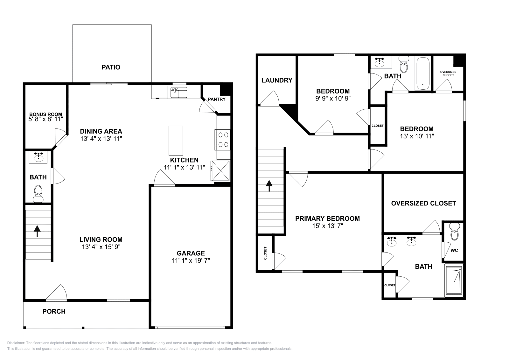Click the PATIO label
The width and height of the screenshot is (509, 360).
coord(111,67)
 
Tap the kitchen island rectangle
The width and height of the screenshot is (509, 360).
coord(176,140)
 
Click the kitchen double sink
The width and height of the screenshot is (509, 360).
coord(178,93)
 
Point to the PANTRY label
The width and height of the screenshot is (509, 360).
coord(217,99)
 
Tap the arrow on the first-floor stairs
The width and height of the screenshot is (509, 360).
coord(37,231)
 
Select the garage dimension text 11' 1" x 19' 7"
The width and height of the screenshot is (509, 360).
coord(191,260)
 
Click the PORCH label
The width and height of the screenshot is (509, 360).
coord(54,312)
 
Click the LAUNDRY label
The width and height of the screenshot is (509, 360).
coord(277,80)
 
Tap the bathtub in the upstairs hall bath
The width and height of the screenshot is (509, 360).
coord(423,73)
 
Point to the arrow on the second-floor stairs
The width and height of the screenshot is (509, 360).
coord(269,186)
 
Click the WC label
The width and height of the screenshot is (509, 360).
coord(454,250)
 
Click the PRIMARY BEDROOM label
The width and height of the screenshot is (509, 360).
coord(327,219)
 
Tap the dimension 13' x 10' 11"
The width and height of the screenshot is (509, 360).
coord(417,136)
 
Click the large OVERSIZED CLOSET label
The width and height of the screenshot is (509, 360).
coord(423,204)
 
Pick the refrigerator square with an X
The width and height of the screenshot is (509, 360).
coord(220,171)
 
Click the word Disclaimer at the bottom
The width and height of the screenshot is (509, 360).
coord(16,343)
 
